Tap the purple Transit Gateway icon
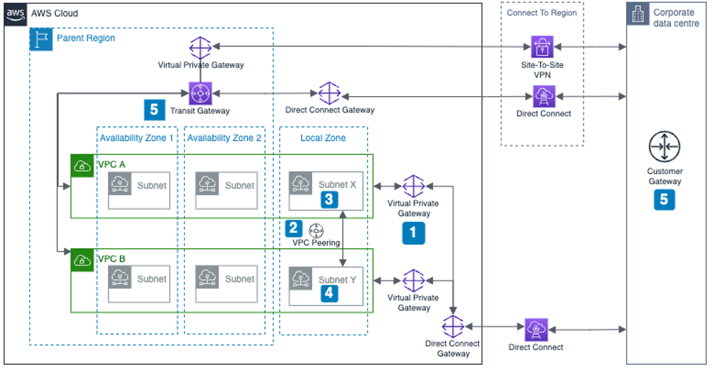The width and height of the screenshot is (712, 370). (x=200, y=93)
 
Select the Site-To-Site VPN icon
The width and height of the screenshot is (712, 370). (x=544, y=47)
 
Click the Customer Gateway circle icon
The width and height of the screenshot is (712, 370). (x=664, y=148)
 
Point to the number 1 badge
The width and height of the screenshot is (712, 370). (x=412, y=233)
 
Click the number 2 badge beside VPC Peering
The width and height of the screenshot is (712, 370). (x=294, y=228)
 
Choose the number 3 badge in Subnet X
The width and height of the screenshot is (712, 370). (x=330, y=198)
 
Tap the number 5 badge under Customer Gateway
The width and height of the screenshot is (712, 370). (x=664, y=199)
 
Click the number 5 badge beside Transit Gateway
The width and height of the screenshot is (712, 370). (x=153, y=109)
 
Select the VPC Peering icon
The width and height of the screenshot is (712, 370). (x=316, y=229)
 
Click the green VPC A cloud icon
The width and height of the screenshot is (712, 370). (x=81, y=165)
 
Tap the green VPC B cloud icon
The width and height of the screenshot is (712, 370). (x=81, y=259)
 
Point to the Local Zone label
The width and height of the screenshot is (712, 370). (x=323, y=138)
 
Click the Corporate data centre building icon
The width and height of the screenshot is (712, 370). (x=637, y=14)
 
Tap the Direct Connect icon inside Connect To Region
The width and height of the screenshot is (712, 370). (x=544, y=95)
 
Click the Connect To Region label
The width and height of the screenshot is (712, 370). (x=542, y=12)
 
